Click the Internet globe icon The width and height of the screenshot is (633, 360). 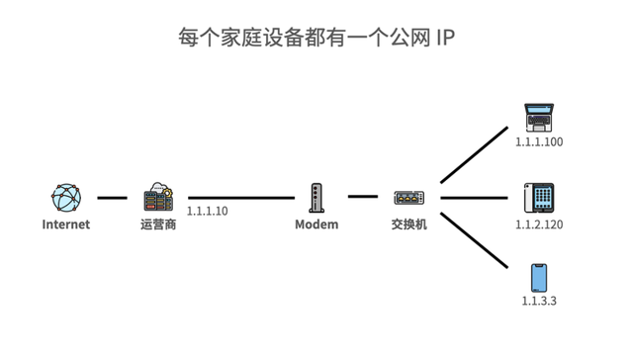66,198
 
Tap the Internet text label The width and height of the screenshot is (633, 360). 66,225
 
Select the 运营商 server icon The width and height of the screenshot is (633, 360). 158,197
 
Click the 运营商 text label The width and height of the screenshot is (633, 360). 158,225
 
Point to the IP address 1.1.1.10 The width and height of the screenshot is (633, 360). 207,212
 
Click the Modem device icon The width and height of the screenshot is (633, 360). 316,198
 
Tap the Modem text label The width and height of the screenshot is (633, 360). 316,225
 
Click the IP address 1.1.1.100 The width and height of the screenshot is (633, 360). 539,142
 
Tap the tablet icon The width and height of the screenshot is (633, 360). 539,197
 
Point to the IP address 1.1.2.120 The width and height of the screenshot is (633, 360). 539,225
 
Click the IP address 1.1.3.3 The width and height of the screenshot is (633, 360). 539,300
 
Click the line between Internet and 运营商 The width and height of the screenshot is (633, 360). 112,198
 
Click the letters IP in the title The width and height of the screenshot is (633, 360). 445,38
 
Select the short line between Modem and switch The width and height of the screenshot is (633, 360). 362,197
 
